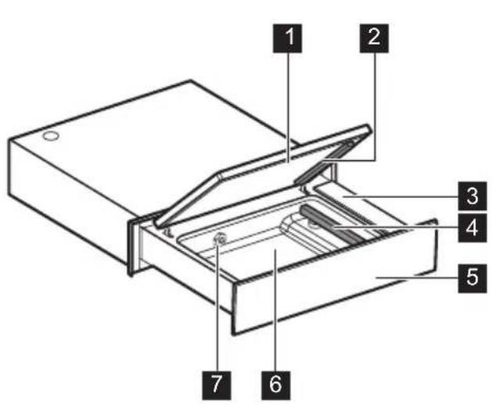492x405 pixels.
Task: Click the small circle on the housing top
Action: tap(49, 137)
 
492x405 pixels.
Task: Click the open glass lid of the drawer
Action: tap(258, 180)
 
